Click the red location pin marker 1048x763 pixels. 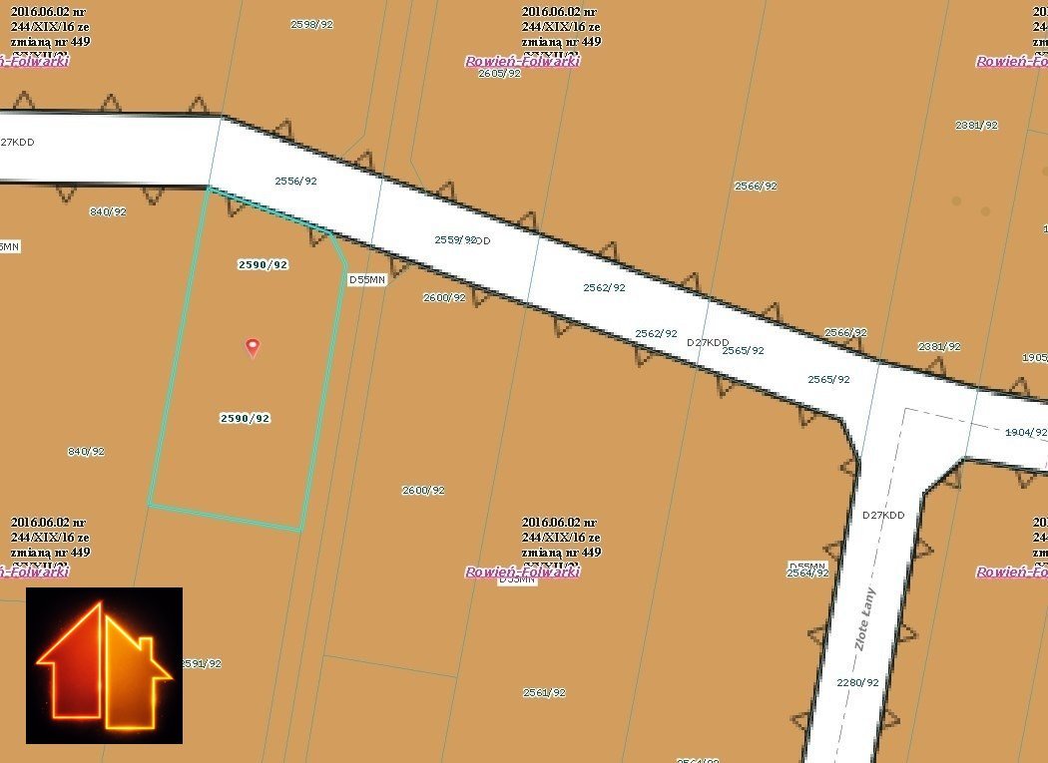(253, 347)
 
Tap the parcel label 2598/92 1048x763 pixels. (311, 24)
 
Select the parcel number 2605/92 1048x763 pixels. (499, 73)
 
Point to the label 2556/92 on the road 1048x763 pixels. (295, 181)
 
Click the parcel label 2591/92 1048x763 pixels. (201, 663)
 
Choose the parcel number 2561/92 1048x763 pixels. (544, 692)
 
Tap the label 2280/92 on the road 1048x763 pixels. (858, 682)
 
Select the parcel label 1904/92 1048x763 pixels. (1025, 433)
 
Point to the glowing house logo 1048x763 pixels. (104, 665)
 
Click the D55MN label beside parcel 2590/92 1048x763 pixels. (366, 280)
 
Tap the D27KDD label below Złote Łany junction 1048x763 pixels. (883, 515)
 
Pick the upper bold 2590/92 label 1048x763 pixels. (262, 264)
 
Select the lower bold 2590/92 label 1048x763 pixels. (245, 418)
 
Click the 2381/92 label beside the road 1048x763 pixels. (939, 346)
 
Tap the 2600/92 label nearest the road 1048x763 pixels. (444, 297)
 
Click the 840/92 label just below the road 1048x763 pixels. (108, 211)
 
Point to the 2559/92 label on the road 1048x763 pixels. (455, 239)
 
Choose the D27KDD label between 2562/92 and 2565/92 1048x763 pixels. (708, 342)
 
